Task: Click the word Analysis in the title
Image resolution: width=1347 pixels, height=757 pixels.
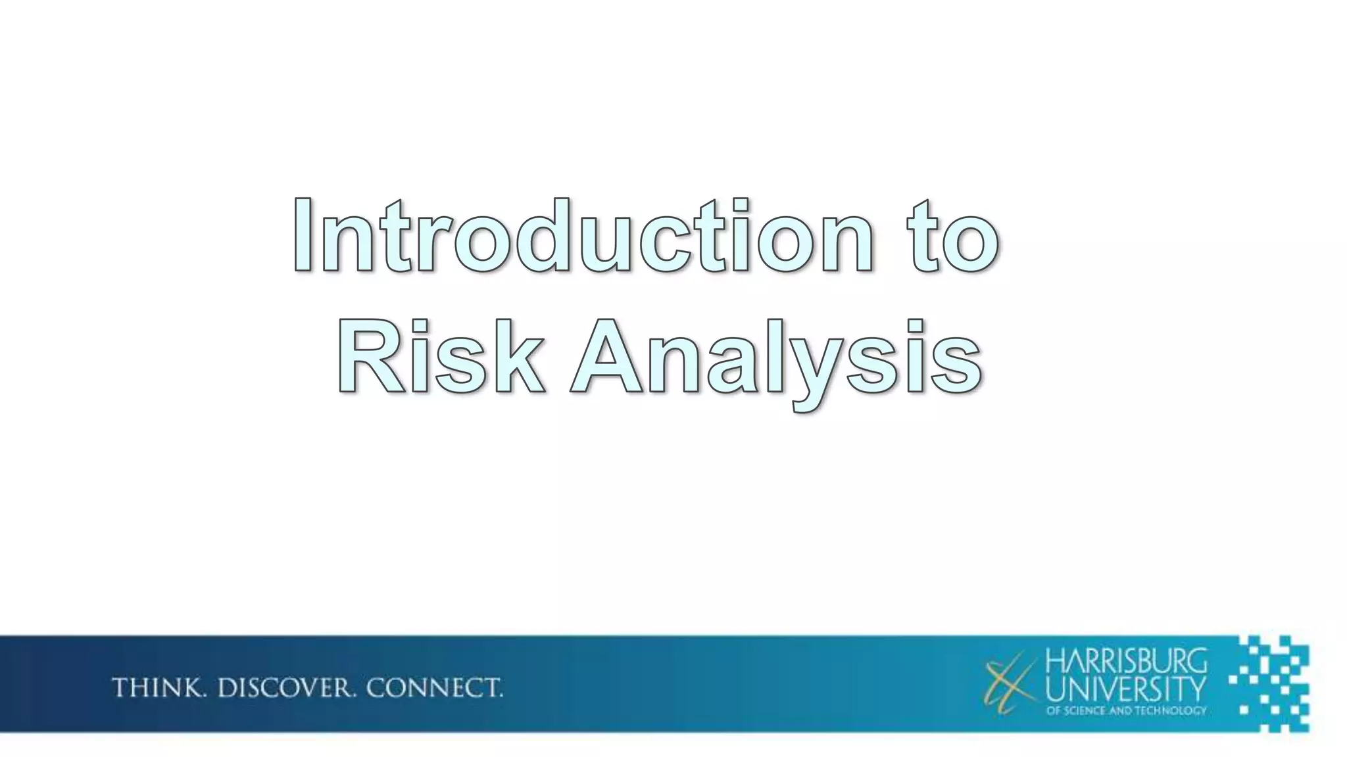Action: point(776,358)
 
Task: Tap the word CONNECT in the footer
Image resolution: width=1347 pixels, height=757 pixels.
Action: point(433,688)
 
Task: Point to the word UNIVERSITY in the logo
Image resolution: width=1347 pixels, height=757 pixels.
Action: point(1126,690)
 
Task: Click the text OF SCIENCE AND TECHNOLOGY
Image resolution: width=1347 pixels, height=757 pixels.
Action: point(1126,710)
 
